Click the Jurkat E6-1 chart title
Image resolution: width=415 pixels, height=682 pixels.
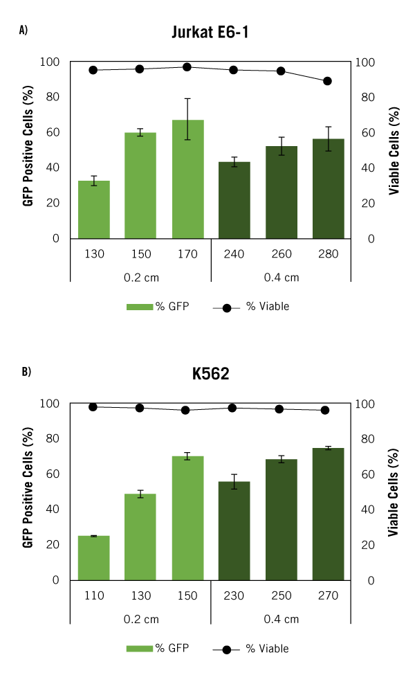[210, 33]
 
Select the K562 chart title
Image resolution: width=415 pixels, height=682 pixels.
[210, 374]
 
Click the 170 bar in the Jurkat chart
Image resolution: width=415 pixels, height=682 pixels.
[187, 179]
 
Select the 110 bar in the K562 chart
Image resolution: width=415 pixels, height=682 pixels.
[94, 557]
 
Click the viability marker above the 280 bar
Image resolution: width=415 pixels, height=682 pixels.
[328, 81]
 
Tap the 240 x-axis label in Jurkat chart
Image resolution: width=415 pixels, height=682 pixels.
[234, 254]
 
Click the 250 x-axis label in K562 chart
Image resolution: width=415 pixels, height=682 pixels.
[281, 595]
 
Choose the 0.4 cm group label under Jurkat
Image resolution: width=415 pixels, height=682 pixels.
[281, 278]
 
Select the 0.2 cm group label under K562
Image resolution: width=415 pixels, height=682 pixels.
[140, 619]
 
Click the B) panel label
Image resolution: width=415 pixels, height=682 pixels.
[26, 372]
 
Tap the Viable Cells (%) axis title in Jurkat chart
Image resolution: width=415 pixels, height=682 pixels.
[394, 150]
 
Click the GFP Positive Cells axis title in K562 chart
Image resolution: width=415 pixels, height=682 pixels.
[28, 492]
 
